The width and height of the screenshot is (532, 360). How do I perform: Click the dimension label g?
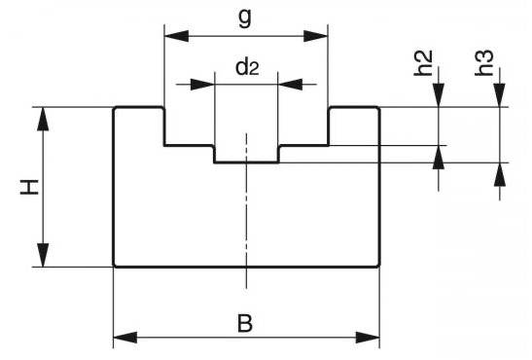tap(245, 18)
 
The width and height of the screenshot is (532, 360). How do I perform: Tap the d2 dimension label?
tap(247, 67)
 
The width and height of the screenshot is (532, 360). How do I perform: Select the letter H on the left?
tap(30, 188)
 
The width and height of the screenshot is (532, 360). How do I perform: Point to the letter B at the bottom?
tap(245, 323)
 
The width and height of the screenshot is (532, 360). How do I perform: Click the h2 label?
tap(423, 62)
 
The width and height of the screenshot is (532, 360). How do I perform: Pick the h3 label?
tap(483, 62)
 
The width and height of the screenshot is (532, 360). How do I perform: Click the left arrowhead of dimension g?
tap(176, 36)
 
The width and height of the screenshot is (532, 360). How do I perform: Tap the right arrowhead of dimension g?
tap(316, 36)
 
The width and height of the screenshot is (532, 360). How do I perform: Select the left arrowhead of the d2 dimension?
tap(202, 84)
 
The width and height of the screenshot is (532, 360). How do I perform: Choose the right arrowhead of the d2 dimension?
tap(290, 84)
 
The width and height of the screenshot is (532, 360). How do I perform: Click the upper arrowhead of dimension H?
tap(43, 119)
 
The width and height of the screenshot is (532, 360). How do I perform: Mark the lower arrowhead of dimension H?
tap(43, 255)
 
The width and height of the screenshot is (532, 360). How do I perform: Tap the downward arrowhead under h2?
tap(439, 95)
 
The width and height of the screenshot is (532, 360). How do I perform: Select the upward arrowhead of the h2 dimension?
tap(439, 157)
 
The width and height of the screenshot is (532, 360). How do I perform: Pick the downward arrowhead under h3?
tap(500, 95)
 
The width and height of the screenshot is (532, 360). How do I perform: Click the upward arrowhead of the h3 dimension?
tap(500, 175)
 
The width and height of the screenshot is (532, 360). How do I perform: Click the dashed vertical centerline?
tap(247, 210)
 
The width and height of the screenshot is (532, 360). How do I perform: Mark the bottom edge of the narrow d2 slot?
tap(247, 162)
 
